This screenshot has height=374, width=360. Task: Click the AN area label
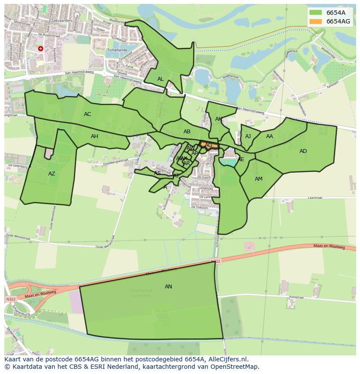point(168,287)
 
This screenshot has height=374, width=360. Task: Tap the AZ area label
point(52,174)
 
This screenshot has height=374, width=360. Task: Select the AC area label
point(87,114)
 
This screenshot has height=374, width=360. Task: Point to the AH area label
point(94,136)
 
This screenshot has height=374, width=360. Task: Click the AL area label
point(160,79)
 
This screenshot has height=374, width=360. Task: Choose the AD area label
point(303,151)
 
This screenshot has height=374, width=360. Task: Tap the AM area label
point(259,179)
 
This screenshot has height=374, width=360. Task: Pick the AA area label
point(270,136)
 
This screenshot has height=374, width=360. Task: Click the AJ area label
point(248,136)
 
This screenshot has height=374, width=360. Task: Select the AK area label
point(219,119)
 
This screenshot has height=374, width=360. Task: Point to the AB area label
point(187,132)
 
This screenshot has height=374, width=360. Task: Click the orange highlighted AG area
point(208,145)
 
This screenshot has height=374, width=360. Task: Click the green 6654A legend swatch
point(316,13)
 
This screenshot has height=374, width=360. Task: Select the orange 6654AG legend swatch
point(316,21)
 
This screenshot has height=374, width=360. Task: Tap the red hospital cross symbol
point(40,49)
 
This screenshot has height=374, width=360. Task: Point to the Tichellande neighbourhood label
point(117,50)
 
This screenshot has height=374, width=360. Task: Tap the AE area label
point(241,159)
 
